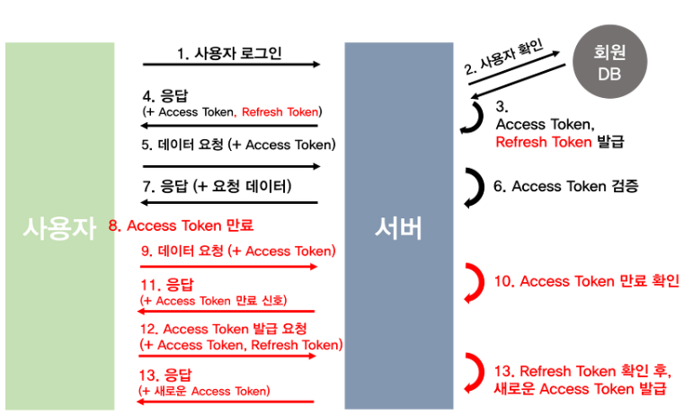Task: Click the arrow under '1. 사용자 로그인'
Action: pos(231,65)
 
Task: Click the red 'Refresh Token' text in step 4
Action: pos(280,111)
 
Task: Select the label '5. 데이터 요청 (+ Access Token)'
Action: pos(238,145)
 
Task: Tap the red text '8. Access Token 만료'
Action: pos(181,225)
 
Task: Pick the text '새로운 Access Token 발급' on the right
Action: pos(579,388)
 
